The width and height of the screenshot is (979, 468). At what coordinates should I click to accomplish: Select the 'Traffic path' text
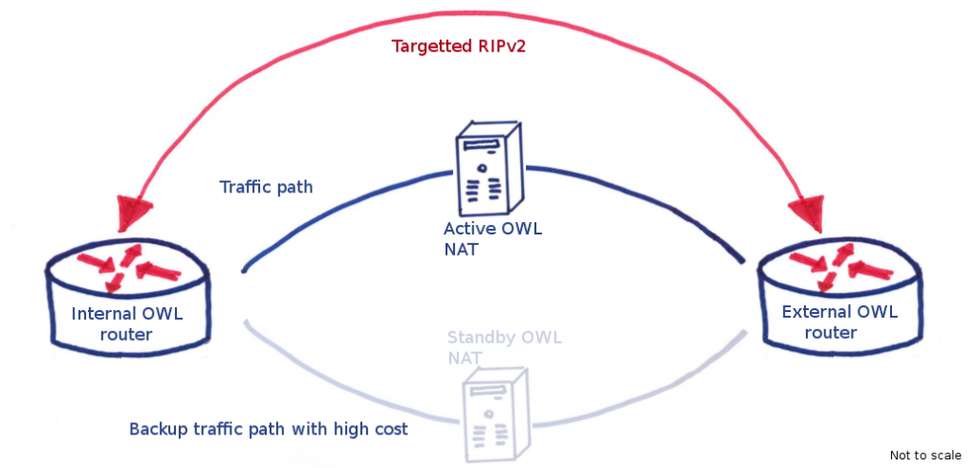[266, 187]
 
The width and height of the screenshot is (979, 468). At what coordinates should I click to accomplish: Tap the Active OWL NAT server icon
[487, 169]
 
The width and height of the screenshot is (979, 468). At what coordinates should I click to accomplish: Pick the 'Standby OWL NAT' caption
[504, 347]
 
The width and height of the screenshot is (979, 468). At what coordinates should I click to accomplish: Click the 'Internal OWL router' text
[127, 323]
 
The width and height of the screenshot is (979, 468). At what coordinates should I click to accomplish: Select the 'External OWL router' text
[839, 322]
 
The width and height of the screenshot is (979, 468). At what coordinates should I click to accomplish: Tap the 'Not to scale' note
[925, 455]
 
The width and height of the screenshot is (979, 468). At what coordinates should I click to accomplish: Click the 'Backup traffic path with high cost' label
[269, 429]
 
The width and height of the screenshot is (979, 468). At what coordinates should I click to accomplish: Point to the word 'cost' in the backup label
[390, 429]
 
